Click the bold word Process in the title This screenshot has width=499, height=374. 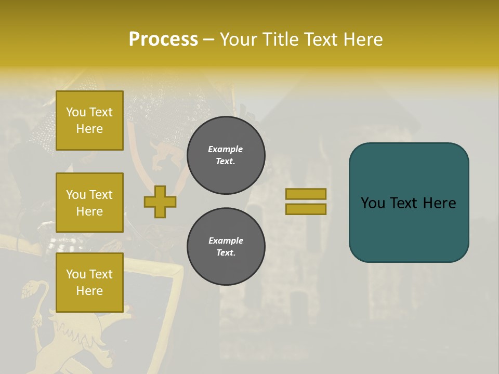point(163,39)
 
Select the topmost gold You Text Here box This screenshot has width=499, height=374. point(89,121)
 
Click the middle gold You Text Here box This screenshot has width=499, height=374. point(89,203)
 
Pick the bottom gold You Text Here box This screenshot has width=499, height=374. point(89,283)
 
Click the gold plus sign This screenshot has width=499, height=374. point(160,202)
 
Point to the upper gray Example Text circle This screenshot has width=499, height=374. point(226,155)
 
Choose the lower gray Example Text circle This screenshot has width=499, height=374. point(226,246)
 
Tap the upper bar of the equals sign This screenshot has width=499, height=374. point(306,194)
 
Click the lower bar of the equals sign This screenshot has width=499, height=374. point(306,209)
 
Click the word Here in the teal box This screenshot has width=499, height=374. point(439,203)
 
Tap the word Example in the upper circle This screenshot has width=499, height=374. point(226,149)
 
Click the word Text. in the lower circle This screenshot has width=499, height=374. point(226,252)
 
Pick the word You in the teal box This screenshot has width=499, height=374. point(373,203)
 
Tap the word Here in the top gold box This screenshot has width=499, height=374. point(89,129)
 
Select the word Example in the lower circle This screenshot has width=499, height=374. point(226,241)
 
